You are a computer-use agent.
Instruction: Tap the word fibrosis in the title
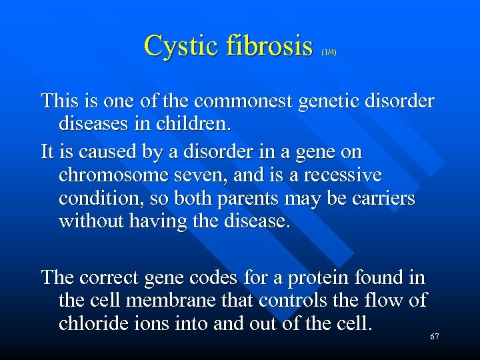tap(269, 45)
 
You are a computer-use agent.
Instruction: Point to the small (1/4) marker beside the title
tap(329, 51)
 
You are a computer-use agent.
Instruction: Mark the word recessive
tap(339, 175)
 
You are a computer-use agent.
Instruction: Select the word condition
tap(102, 198)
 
